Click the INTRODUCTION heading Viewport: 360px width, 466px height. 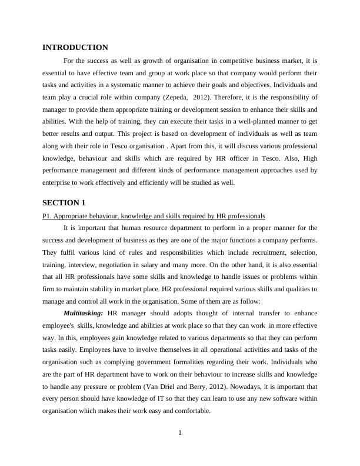(x=75, y=48)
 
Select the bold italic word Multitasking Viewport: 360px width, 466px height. (x=83, y=314)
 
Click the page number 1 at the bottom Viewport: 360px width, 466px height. (x=180, y=434)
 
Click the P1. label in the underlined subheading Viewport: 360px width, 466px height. (x=48, y=216)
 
